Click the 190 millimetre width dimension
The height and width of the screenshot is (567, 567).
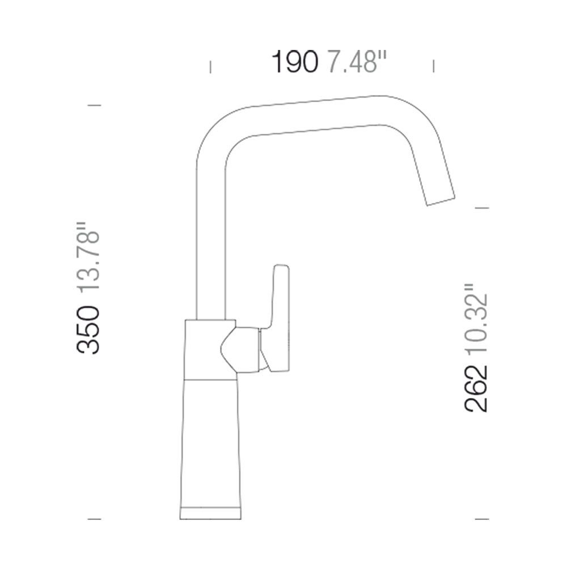pos(295,62)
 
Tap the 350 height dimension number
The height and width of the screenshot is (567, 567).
pos(88,329)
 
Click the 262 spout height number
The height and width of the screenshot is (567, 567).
pos(476,389)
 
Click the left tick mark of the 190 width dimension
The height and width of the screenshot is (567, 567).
pos(210,67)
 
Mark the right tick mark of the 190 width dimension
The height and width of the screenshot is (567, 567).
pos(434,66)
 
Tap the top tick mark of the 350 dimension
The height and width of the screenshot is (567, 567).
pos(94,105)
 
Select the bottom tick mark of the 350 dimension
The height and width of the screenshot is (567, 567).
pos(94,519)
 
